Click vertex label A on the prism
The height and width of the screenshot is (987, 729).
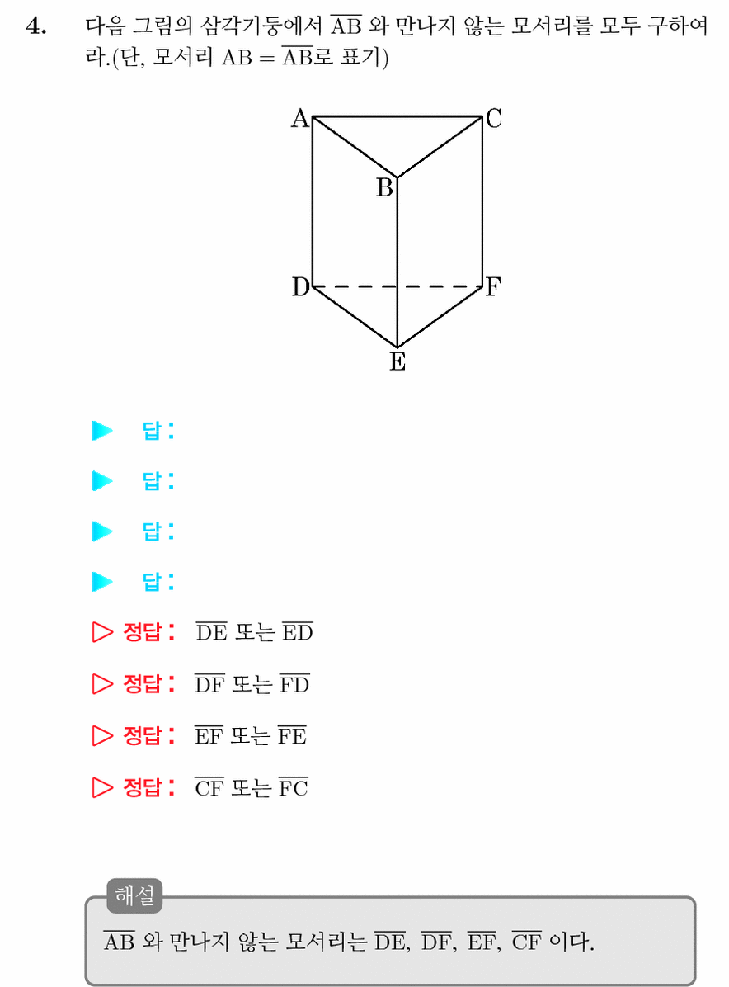[x=300, y=118]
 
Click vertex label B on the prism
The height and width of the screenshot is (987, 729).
[x=384, y=187]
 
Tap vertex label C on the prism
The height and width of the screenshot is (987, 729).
[x=494, y=118]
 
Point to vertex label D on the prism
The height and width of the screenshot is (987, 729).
[x=301, y=287]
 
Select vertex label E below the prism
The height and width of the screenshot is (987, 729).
[x=397, y=362]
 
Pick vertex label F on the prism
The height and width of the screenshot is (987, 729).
[x=493, y=287]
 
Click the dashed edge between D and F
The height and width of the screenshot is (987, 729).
[x=397, y=286]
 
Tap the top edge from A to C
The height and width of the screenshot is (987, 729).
[x=397, y=116]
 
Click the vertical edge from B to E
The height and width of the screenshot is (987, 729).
[x=397, y=262]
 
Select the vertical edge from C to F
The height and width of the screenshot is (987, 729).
[x=482, y=201]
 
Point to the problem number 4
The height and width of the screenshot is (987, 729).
[x=35, y=27]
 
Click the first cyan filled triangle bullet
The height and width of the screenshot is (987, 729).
[x=102, y=431]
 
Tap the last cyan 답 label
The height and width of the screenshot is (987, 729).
[x=158, y=582]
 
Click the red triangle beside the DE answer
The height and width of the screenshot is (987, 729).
[x=102, y=632]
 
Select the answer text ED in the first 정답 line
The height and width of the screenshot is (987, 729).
[x=297, y=631]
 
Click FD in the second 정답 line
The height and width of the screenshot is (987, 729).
[x=294, y=683]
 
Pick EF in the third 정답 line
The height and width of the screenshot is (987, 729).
[x=209, y=735]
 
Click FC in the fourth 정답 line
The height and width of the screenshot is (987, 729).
[x=293, y=787]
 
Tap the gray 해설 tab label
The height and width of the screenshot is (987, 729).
[x=134, y=895]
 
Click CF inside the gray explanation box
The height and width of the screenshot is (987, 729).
[x=526, y=941]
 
